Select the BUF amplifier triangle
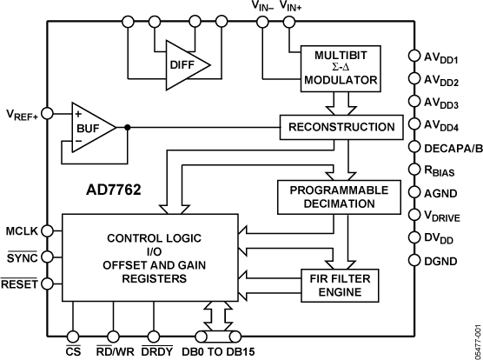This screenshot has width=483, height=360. [x=91, y=127]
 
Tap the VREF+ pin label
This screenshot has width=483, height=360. [x=20, y=113]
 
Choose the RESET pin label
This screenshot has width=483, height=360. [x=19, y=283]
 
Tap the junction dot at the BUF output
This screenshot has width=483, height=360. [x=128, y=127]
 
